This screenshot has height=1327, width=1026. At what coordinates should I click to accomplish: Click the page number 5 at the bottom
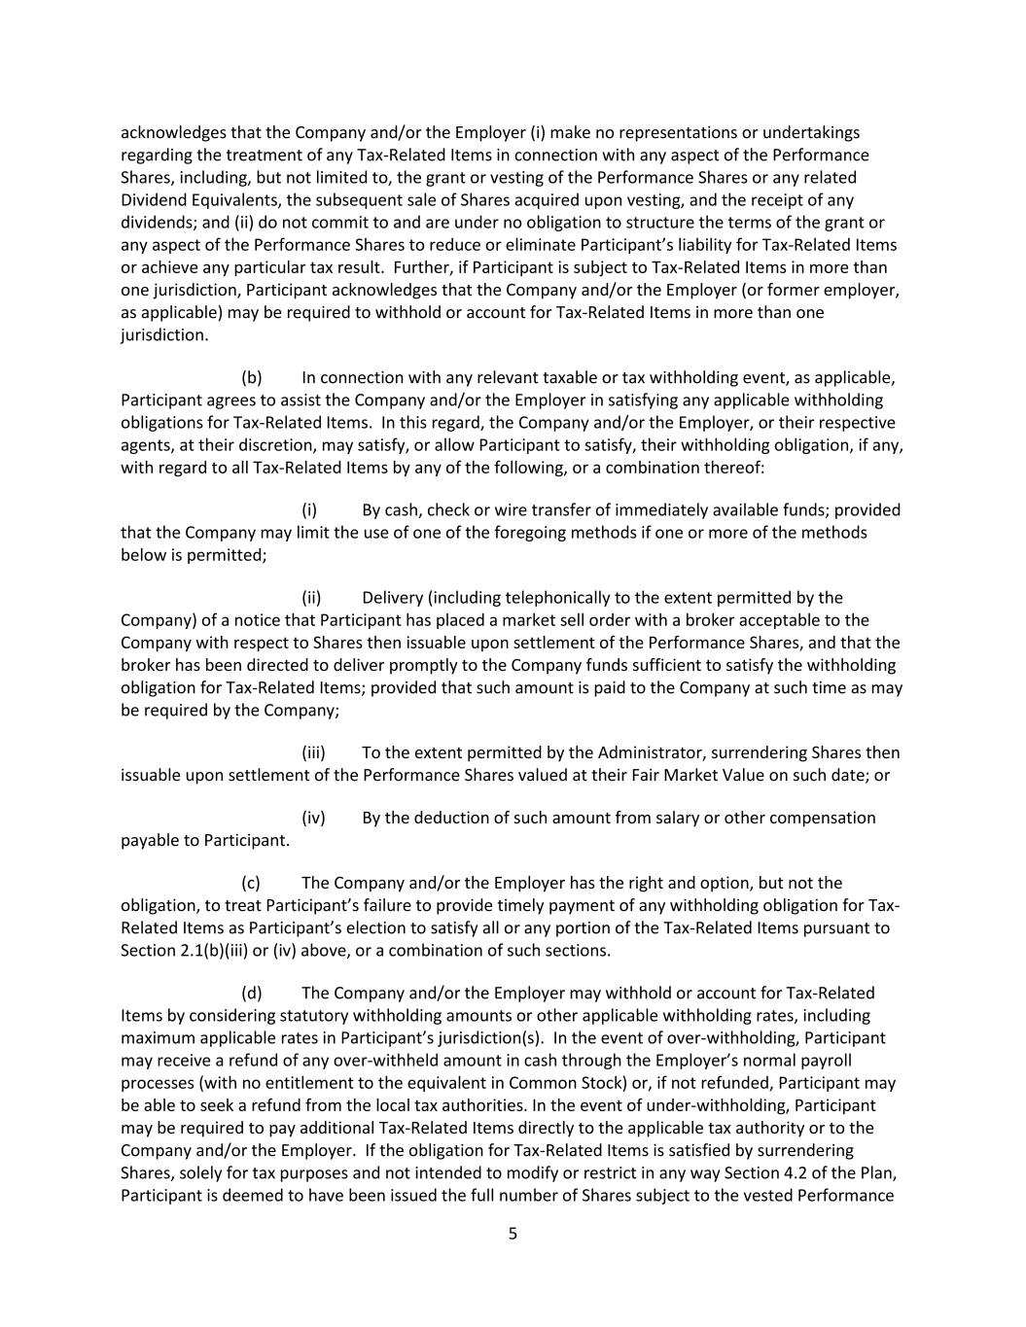pos(513,1234)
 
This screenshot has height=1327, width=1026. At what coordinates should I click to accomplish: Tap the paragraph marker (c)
pos(251,883)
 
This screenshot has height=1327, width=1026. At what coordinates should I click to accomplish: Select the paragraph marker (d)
pos(251,993)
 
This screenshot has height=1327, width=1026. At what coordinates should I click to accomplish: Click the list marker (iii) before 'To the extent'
pos(313,752)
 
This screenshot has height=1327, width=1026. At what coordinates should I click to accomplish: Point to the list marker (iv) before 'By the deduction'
pos(313,818)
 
